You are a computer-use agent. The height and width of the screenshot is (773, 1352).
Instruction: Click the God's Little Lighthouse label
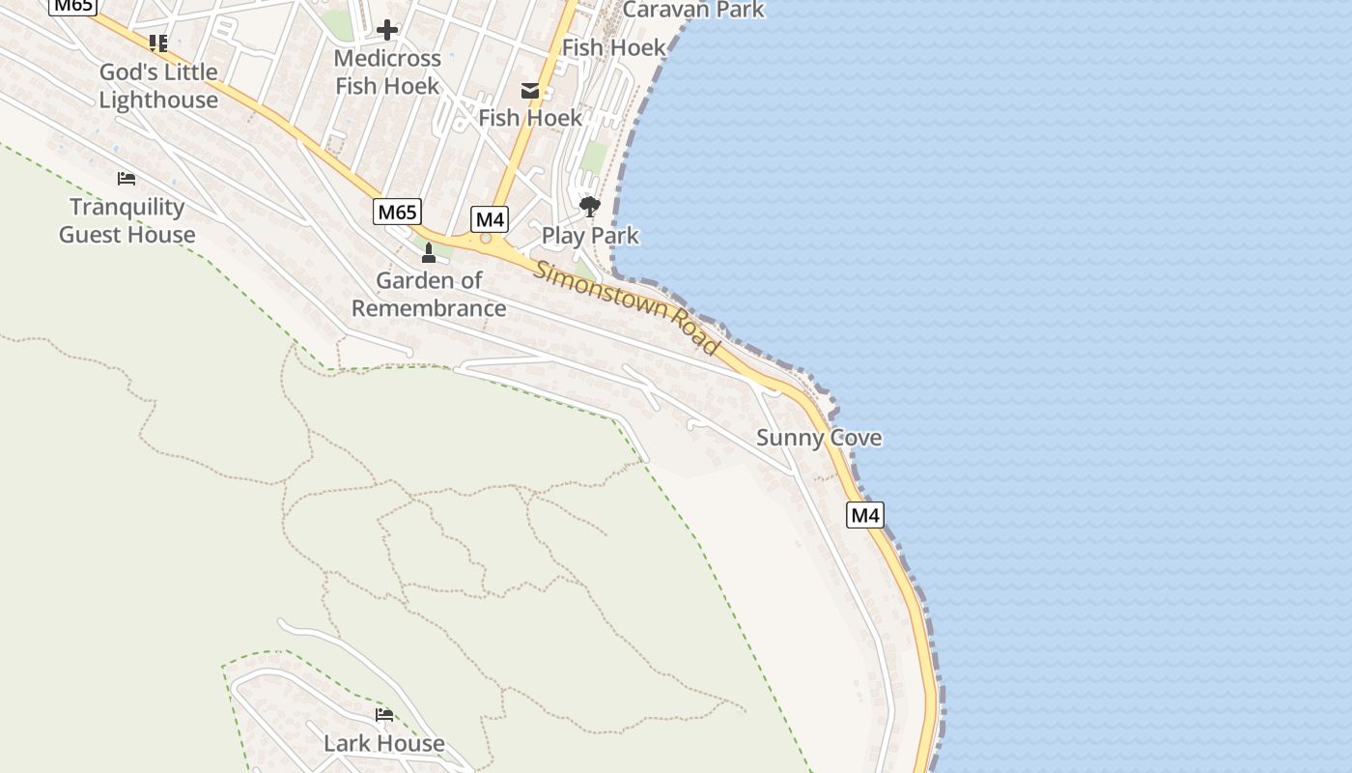pos(158,86)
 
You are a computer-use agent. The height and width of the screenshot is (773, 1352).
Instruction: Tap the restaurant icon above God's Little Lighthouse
pos(158,43)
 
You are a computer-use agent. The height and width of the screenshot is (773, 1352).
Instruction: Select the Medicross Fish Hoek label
pos(387,72)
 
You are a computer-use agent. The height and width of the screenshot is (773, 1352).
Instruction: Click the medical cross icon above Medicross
pos(387,30)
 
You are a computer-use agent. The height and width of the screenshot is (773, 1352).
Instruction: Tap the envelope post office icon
pos(530,91)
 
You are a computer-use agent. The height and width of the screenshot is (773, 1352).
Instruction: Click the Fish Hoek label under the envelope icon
pos(530,118)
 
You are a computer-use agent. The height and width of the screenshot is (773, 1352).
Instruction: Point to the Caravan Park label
pos(693,10)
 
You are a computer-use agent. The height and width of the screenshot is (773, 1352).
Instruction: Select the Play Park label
pos(590,235)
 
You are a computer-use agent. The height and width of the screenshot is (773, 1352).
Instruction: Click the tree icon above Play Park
pos(589,206)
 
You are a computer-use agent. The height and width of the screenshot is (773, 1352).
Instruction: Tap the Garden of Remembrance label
pos(429,295)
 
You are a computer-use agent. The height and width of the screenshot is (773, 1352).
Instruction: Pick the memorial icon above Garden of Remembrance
pos(429,253)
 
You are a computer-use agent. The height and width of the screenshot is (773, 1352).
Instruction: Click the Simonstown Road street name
pos(628,307)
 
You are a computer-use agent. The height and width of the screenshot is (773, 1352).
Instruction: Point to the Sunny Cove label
pos(819,438)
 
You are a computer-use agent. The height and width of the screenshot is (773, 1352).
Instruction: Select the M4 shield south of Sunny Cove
pos(865,515)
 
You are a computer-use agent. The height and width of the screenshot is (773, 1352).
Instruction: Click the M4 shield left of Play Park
pos(490,219)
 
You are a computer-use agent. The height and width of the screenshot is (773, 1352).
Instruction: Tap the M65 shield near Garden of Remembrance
pos(397,212)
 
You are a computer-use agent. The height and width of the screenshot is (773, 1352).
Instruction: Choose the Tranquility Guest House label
pos(127,220)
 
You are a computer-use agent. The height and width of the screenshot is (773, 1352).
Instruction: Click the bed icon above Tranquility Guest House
pos(127,179)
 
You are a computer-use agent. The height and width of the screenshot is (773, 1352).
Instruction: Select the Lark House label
pos(384,743)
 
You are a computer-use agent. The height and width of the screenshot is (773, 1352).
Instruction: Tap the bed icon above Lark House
pos(384,715)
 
